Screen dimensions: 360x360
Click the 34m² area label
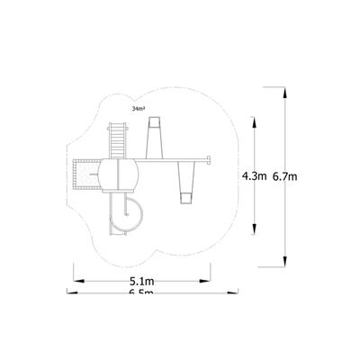[138, 107]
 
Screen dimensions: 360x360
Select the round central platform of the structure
[119, 173]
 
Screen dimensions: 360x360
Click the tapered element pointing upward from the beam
[153, 138]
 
